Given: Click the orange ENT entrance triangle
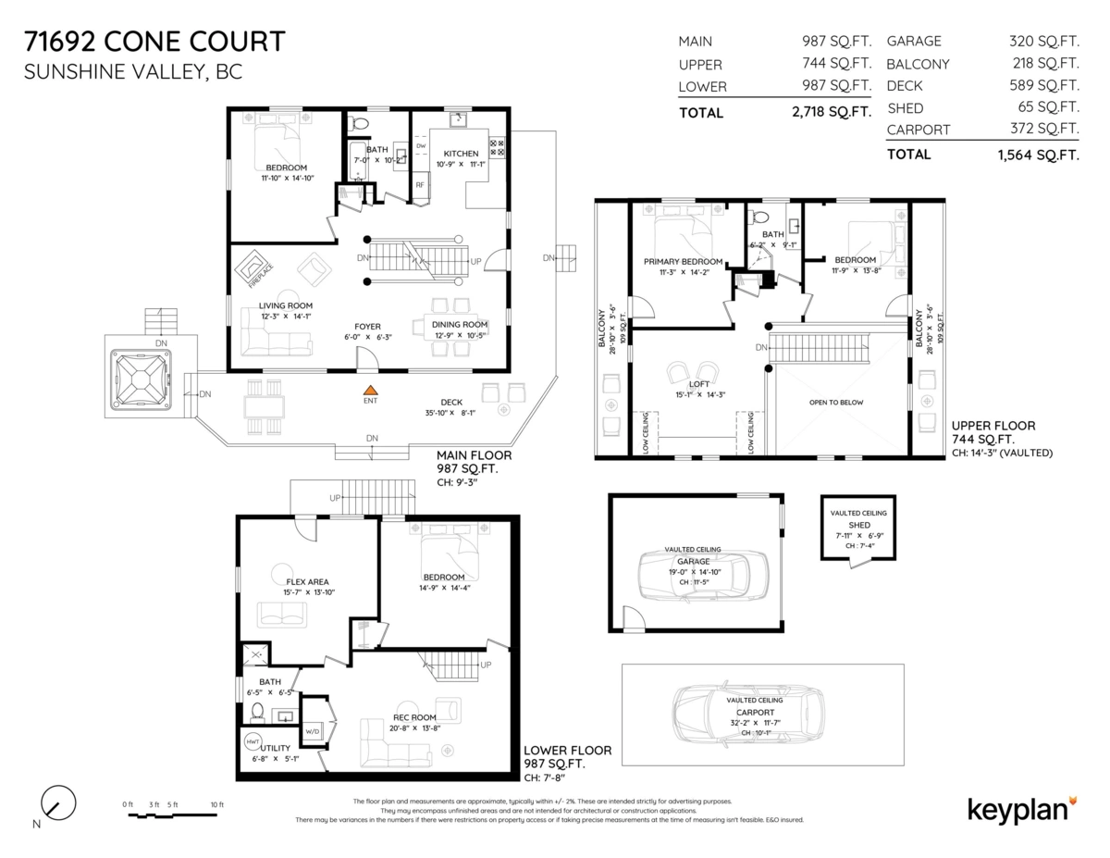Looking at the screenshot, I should (x=370, y=392).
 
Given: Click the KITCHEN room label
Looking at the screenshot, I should (x=461, y=154).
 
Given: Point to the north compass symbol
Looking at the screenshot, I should (x=57, y=802).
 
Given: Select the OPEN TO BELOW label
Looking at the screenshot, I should (x=837, y=403).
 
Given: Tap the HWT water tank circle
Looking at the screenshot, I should (x=253, y=741).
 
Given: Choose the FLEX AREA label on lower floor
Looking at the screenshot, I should (x=306, y=582).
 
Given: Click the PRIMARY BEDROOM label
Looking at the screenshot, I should (x=684, y=262).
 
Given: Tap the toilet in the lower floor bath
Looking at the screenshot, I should (x=257, y=713).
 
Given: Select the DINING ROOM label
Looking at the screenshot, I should (x=460, y=324).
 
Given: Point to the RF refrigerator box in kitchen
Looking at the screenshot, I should (x=419, y=185).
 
